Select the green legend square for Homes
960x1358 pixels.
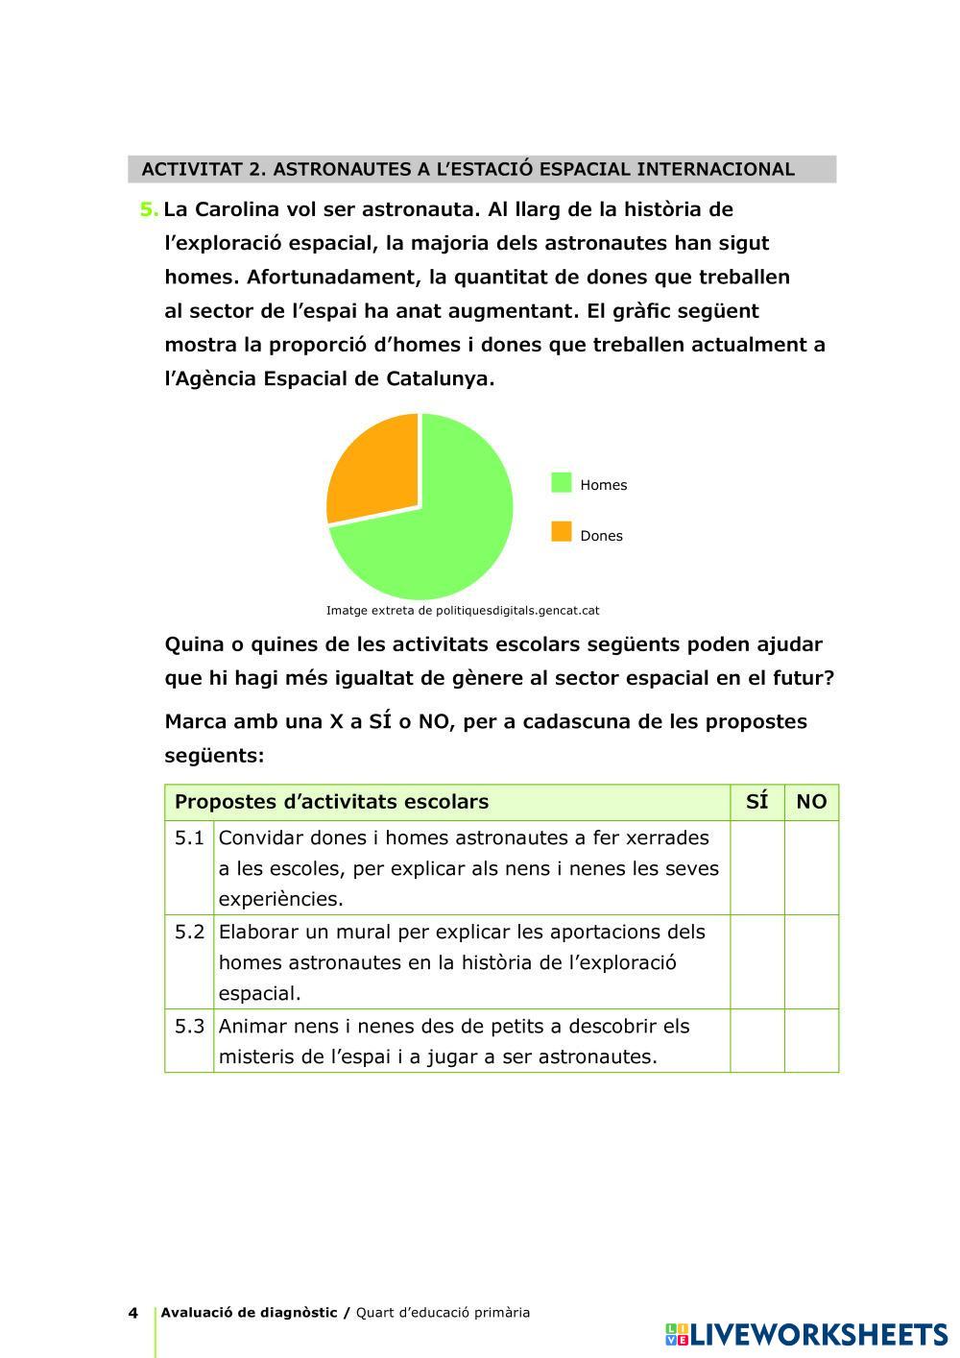point(562,483)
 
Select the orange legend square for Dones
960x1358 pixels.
point(562,532)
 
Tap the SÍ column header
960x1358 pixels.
point(756,802)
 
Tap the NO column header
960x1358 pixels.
point(811,802)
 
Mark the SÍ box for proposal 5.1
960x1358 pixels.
point(756,867)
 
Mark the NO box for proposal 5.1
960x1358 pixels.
point(811,867)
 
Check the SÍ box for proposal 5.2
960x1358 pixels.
point(756,961)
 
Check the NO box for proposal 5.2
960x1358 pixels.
point(811,961)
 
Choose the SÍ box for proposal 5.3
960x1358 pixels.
point(756,1040)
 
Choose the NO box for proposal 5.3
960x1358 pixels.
point(811,1040)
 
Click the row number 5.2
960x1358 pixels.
point(189,932)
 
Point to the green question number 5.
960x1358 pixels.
point(149,209)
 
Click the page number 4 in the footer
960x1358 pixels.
point(133,1313)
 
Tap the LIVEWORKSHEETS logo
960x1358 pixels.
point(805,1334)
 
